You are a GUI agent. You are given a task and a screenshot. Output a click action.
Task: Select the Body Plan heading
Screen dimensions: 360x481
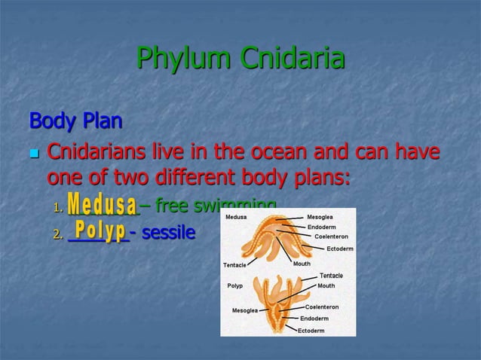coord(75,121)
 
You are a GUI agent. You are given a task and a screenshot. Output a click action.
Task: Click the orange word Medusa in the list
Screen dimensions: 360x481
coord(103,205)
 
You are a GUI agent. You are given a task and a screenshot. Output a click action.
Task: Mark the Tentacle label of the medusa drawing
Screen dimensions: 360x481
coord(239,265)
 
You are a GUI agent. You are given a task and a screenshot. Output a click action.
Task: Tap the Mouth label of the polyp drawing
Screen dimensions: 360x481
coord(326,286)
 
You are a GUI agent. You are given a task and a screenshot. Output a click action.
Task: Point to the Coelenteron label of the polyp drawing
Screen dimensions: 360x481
coord(322,307)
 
